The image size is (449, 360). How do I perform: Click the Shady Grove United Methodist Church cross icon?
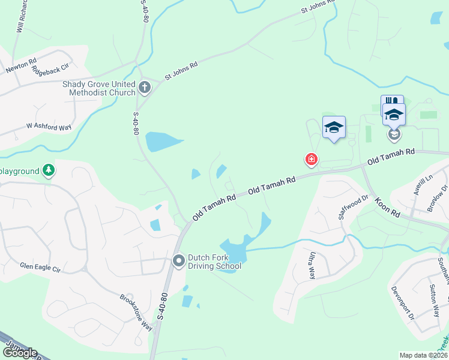pyautogui.click(x=144, y=88)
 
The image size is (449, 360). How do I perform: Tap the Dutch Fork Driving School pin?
pyautogui.click(x=178, y=260)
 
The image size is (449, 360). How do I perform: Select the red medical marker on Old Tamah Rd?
pyautogui.click(x=311, y=159)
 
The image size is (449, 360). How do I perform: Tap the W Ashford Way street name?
pyautogui.click(x=49, y=127)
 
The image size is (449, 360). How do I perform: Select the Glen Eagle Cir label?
pyautogui.click(x=40, y=268)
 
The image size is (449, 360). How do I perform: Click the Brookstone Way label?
pyautogui.click(x=136, y=311)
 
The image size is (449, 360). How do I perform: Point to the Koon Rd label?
pyautogui.click(x=387, y=208)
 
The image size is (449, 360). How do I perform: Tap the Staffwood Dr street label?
pyautogui.click(x=353, y=207)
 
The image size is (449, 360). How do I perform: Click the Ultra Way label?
pyautogui.click(x=312, y=265)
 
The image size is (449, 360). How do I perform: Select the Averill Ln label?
pyautogui.click(x=423, y=188)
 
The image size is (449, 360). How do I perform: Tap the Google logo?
pyautogui.click(x=19, y=353)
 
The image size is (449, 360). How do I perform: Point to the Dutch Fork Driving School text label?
pyautogui.click(x=214, y=261)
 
